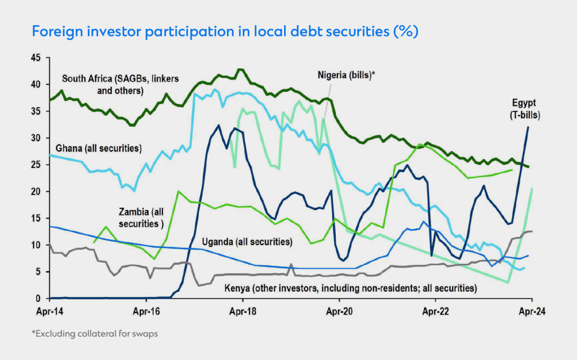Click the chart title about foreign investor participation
225,32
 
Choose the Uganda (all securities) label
247,242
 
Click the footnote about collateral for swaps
94,334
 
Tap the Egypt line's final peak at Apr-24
528,127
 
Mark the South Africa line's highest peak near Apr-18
240,69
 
